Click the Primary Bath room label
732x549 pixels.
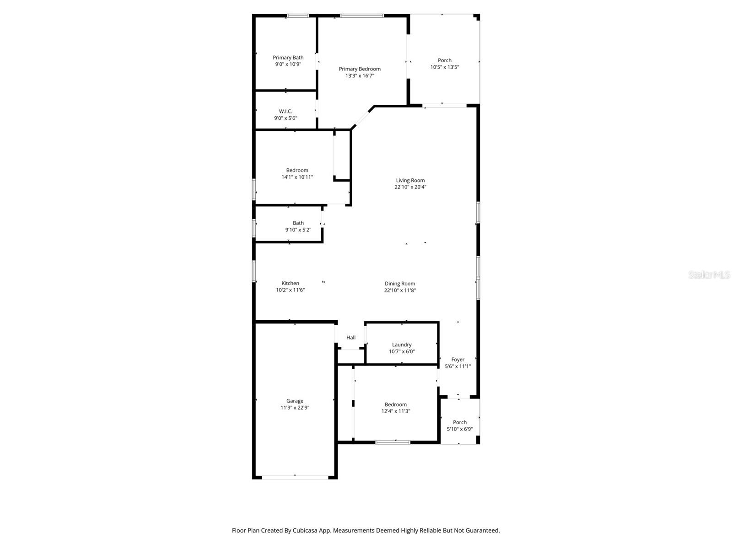[288, 58]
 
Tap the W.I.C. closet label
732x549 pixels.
[285, 111]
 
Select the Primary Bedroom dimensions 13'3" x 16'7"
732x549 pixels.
[360, 76]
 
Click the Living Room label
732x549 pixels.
[410, 180]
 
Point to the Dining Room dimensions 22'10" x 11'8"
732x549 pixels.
[400, 291]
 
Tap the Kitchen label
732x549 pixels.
[290, 283]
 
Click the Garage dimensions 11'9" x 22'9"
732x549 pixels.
[295, 408]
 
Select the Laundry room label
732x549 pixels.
[402, 344]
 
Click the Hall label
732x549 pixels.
[351, 338]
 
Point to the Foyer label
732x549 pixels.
[457, 360]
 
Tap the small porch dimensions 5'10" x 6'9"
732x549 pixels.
[460, 429]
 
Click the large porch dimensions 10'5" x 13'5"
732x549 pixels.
[444, 67]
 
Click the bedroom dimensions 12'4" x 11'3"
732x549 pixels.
[396, 411]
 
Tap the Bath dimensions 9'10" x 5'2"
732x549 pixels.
[298, 230]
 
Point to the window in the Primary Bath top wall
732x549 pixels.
[297, 16]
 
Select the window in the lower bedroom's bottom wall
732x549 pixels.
[393, 442]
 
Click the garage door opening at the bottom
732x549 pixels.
[295, 477]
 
